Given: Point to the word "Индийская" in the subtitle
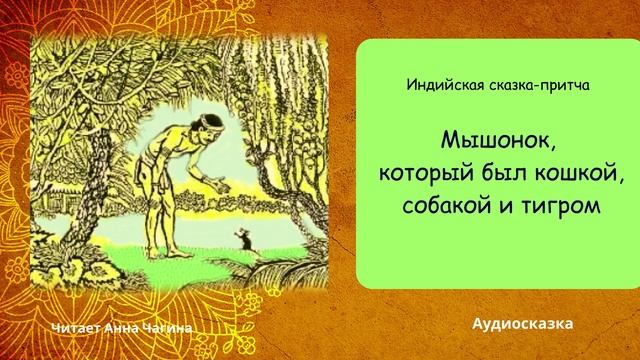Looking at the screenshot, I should [443, 86].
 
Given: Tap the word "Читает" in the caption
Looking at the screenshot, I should [75, 328].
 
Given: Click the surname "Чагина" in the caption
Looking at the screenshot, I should [165, 328].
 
